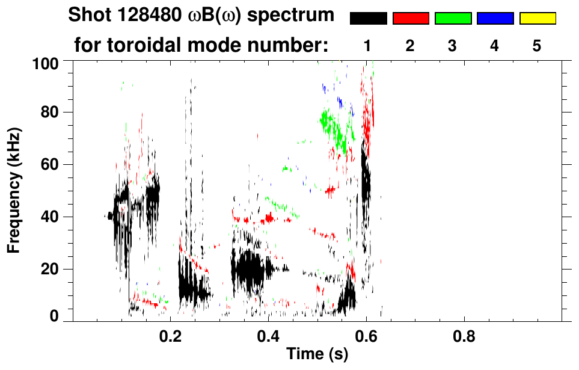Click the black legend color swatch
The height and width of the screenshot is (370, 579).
(369, 19)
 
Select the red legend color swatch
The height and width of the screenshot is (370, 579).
(411, 19)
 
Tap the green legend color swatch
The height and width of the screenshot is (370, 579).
(453, 19)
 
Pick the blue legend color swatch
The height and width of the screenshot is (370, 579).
(495, 19)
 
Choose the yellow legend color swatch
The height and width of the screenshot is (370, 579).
(537, 19)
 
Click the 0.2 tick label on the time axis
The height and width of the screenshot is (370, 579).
(171, 333)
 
